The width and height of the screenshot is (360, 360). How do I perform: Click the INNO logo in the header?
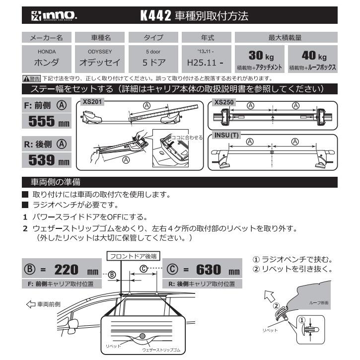51,16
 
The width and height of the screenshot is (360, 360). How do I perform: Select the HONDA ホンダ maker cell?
47,59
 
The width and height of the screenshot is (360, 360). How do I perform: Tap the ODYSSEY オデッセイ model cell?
100,59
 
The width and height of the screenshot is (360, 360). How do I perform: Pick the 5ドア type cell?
153,59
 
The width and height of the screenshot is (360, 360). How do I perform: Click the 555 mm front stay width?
48,121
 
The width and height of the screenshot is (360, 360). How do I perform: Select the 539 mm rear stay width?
48,160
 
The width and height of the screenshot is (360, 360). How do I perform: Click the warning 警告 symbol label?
32,78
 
